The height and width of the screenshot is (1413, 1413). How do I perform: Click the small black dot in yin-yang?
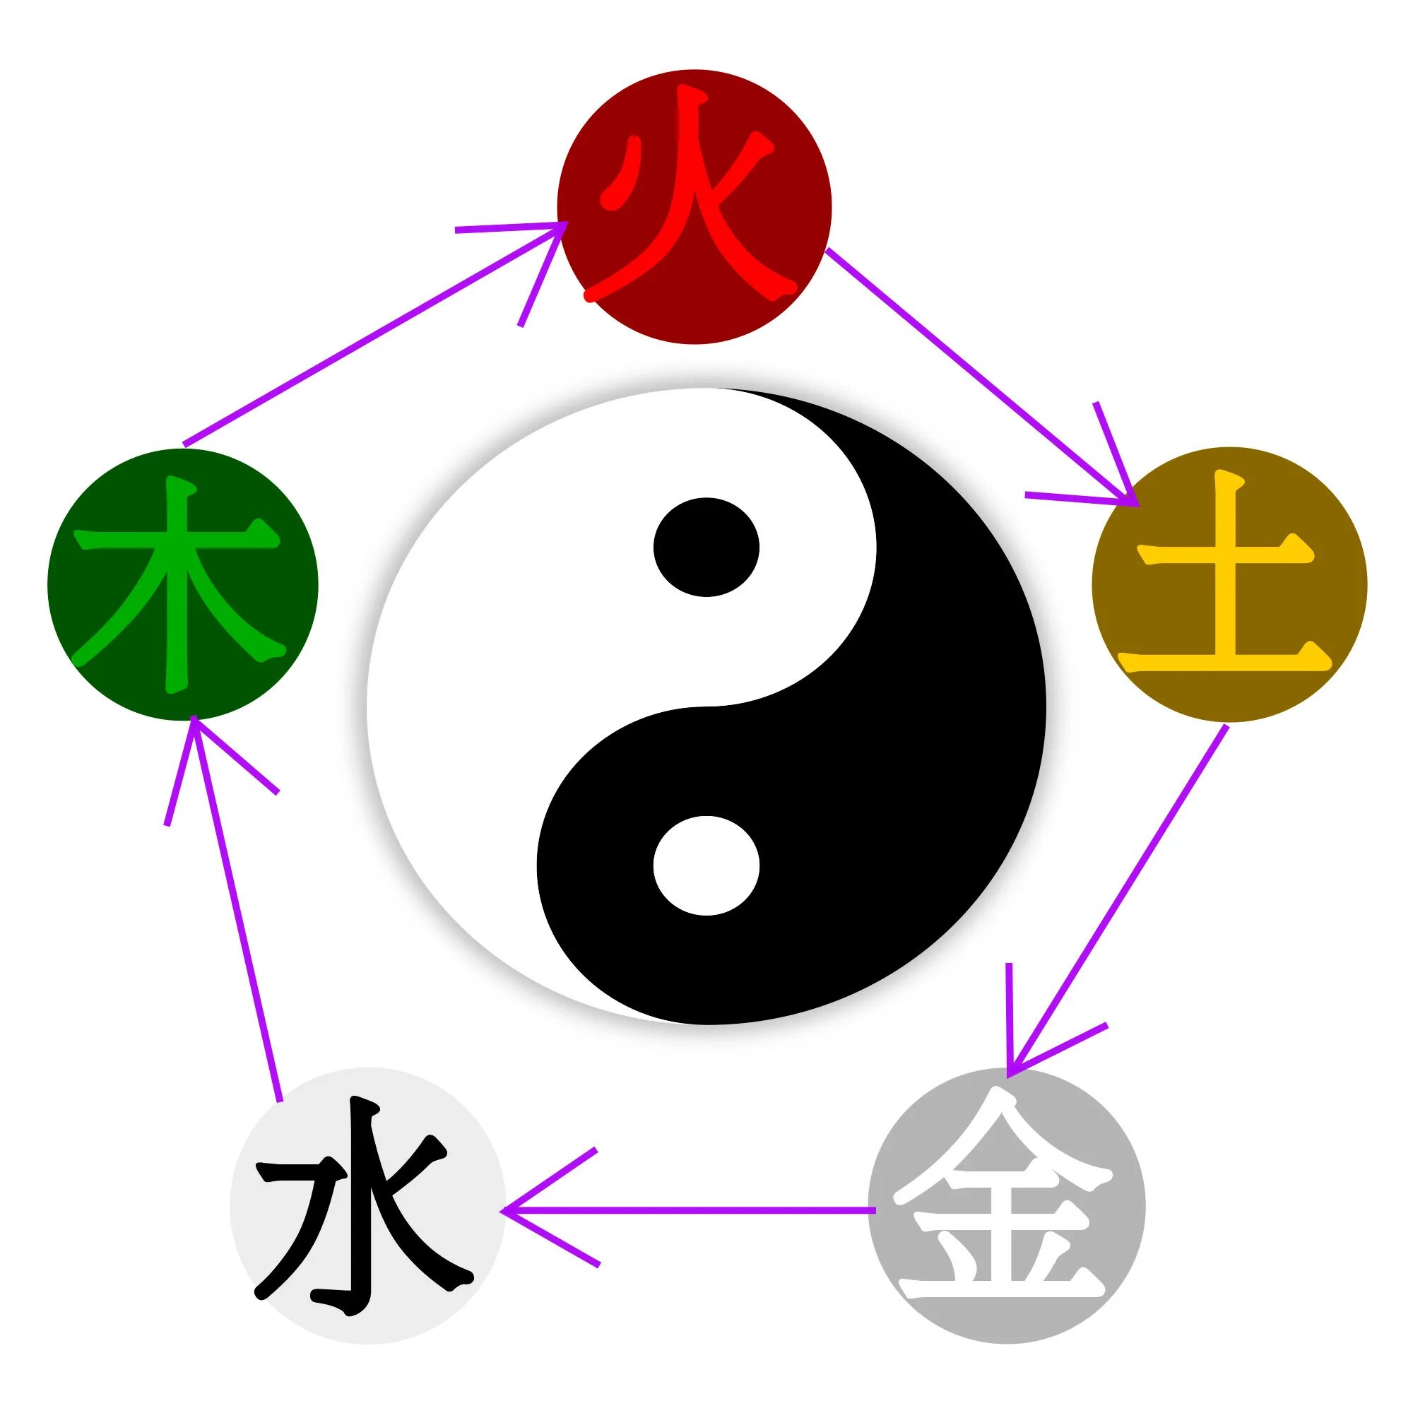click(x=706, y=547)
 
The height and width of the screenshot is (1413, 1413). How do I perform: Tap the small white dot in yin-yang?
click(x=706, y=865)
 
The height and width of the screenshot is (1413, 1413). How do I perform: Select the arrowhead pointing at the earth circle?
click(x=1130, y=497)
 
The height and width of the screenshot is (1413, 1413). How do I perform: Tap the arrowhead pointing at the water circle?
click(x=512, y=1210)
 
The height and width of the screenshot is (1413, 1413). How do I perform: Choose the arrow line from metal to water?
click(x=694, y=1210)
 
